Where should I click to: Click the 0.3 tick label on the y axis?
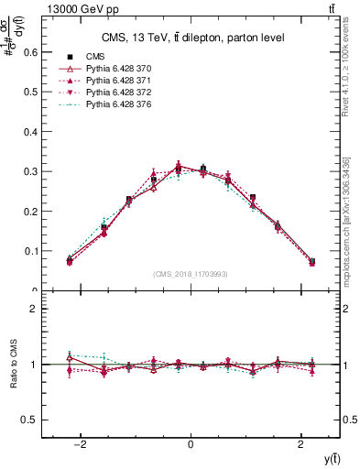30,171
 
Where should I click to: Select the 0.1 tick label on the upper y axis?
30,251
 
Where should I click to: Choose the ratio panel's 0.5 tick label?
30,420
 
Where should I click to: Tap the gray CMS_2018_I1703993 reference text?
191,274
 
